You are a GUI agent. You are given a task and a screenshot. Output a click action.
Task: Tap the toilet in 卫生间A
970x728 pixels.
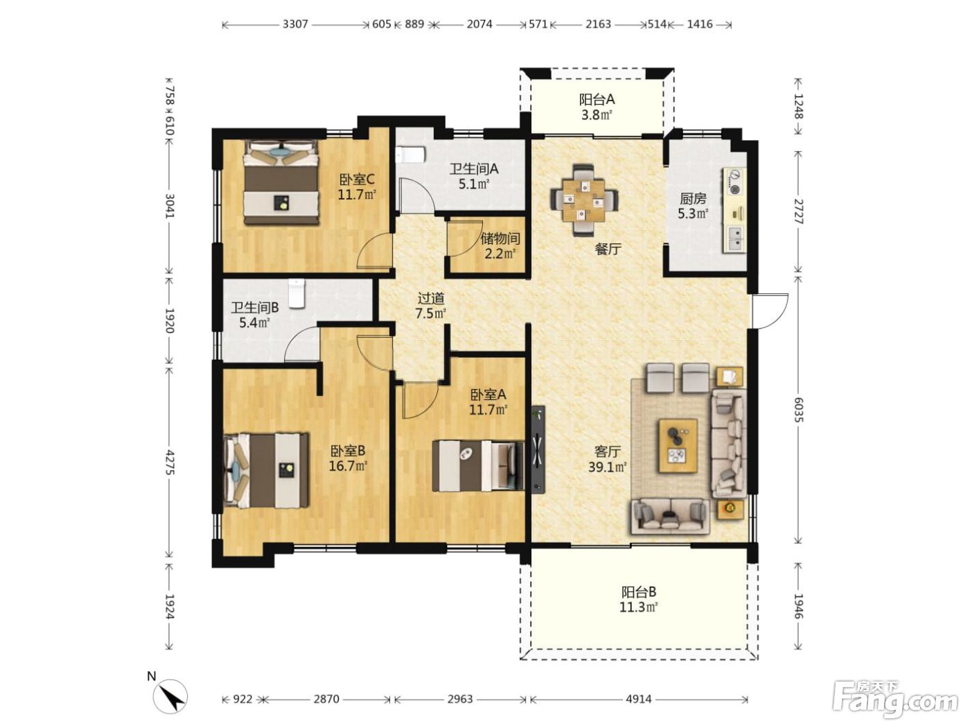click(x=410, y=155)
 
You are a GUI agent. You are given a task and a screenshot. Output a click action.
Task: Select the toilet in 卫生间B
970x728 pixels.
click(x=297, y=293)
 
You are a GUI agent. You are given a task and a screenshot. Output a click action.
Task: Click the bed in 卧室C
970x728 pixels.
click(x=281, y=182)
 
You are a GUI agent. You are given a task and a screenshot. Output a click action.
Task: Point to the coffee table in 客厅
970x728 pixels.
click(x=678, y=446)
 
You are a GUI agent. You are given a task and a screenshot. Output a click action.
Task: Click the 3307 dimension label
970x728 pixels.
click(x=294, y=24)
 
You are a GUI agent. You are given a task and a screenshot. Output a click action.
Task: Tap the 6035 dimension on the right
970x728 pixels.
click(x=797, y=410)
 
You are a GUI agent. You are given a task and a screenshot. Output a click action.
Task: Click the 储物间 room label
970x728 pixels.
click(x=500, y=239)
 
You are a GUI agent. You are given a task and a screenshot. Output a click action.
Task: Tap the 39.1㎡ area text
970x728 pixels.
click(x=608, y=467)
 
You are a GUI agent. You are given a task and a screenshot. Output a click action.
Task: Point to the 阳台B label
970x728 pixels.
click(x=639, y=592)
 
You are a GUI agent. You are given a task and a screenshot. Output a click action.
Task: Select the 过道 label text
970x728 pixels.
click(x=431, y=298)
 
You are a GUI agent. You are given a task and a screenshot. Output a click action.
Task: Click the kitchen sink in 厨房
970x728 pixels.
click(x=734, y=239)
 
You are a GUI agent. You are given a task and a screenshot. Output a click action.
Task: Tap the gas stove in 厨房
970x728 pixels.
click(x=734, y=182)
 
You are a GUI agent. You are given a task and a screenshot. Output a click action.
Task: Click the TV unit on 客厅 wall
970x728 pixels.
click(x=538, y=449)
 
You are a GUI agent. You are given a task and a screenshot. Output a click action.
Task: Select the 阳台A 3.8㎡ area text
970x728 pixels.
click(x=597, y=115)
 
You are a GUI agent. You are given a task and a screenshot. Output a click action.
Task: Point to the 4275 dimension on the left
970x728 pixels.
click(x=170, y=462)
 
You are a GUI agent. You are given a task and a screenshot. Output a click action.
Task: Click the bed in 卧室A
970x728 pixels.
click(x=478, y=465)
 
